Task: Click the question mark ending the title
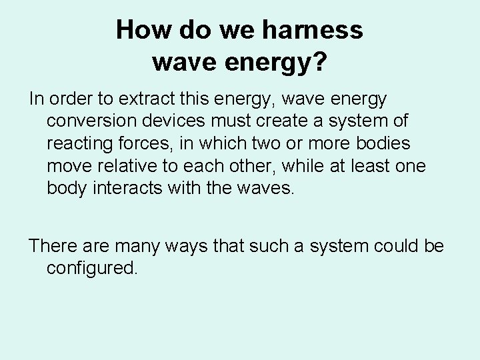tap(319, 63)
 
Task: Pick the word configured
tap(92, 269)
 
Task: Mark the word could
tap(389, 246)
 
